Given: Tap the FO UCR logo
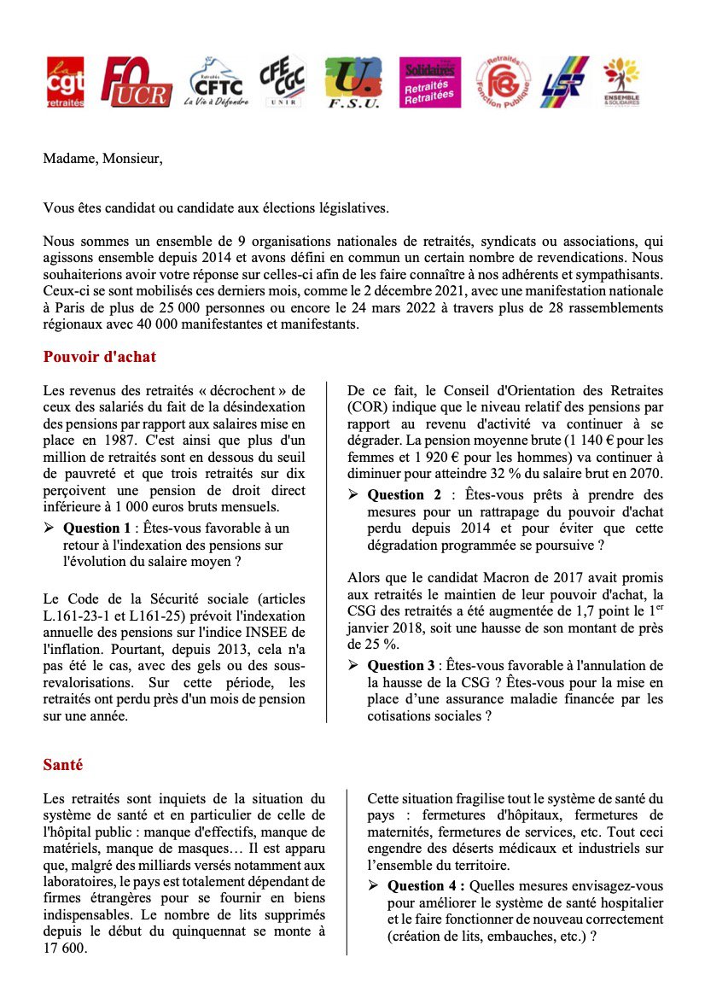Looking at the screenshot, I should coord(136,83).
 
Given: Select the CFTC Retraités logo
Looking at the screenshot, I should coord(214,82).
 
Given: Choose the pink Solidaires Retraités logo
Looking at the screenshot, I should coord(431,82).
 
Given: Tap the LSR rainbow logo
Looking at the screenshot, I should coord(565,82).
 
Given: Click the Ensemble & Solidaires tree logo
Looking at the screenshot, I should coord(620,82).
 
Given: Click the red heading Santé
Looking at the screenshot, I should coord(63,765).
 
